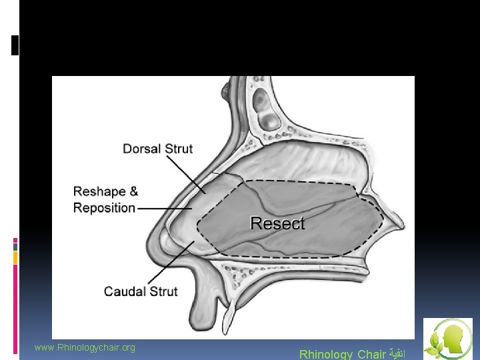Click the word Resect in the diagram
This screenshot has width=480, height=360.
click(x=277, y=223)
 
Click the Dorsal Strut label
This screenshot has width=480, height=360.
click(x=157, y=148)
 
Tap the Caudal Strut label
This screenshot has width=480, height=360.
click(x=141, y=291)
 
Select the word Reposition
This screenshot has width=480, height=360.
click(x=104, y=207)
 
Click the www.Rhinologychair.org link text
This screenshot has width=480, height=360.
click(x=85, y=347)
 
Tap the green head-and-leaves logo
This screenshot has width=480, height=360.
click(x=447, y=339)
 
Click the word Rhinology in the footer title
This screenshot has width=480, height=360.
click(x=326, y=354)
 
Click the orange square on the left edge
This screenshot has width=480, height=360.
click(x=15, y=257)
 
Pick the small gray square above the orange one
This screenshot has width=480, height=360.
click(x=15, y=245)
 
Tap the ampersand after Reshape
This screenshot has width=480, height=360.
click(x=133, y=191)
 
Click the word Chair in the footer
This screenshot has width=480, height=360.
click(x=371, y=354)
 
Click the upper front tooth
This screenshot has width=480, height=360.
click(x=228, y=313)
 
